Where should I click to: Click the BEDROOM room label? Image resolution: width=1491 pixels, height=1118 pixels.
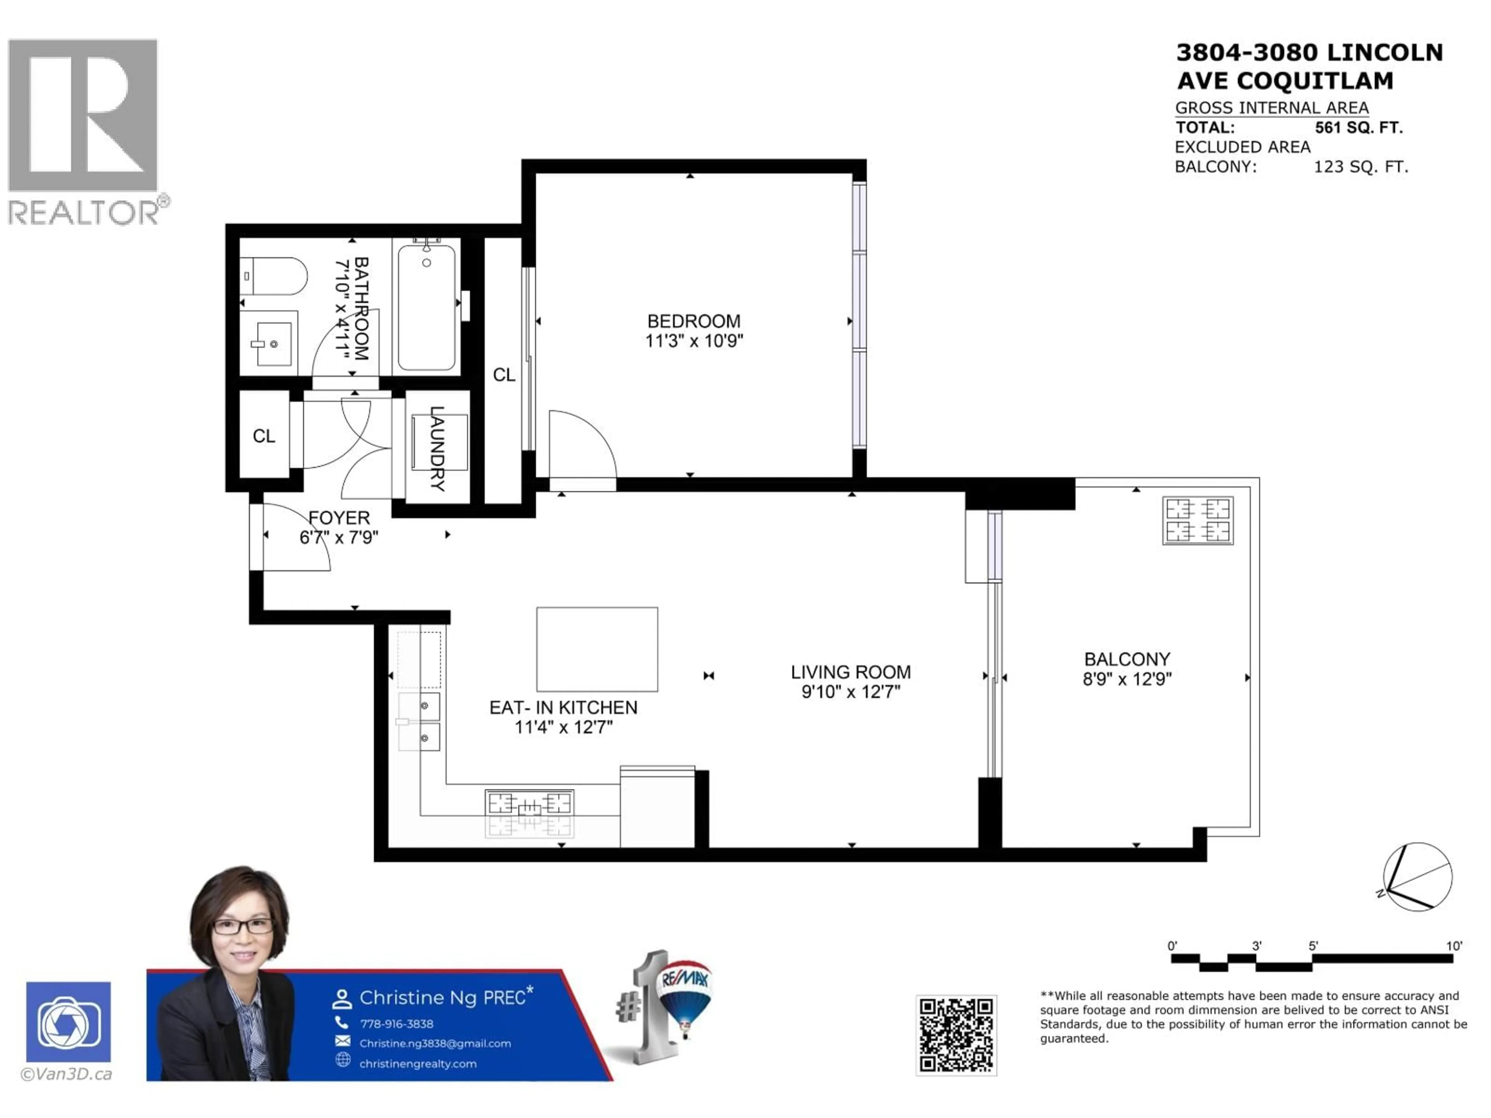(x=693, y=321)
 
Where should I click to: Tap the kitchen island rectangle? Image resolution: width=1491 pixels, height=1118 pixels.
(x=596, y=649)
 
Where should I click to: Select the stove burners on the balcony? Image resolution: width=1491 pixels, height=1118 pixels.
(x=1198, y=520)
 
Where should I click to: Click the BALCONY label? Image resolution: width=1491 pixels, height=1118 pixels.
(x=1127, y=659)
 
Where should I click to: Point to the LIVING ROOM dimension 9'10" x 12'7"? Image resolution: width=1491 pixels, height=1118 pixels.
(x=851, y=692)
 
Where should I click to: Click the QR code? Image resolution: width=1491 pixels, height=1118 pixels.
(x=956, y=1035)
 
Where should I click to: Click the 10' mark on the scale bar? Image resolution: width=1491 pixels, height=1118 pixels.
(x=1454, y=946)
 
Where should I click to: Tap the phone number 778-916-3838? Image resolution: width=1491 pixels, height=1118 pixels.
(x=396, y=1024)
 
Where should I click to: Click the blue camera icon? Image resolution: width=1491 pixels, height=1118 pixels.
(x=69, y=1022)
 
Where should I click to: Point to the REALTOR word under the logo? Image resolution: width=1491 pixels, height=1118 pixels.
(x=83, y=213)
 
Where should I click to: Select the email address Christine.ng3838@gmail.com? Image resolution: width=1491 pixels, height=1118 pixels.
(x=435, y=1043)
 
